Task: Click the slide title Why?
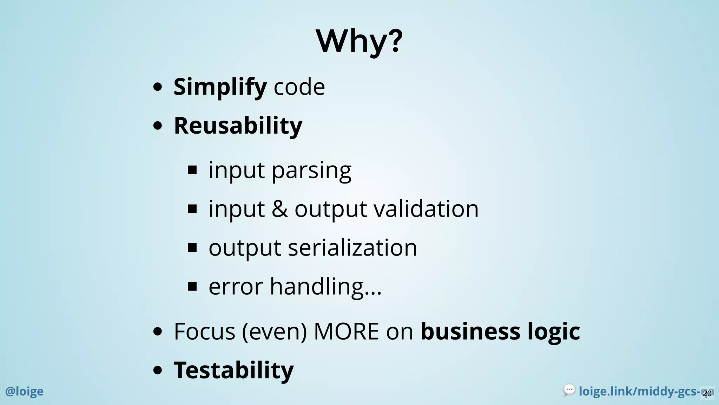pyautogui.click(x=359, y=41)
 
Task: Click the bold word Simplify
pyautogui.click(x=220, y=86)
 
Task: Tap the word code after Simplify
pyautogui.click(x=299, y=86)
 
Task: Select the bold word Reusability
pyautogui.click(x=238, y=126)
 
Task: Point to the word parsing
pyautogui.click(x=311, y=171)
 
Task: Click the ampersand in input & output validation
pyautogui.click(x=279, y=209)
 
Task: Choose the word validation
pyautogui.click(x=426, y=209)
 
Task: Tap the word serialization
pyautogui.click(x=352, y=247)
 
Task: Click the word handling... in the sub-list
pyautogui.click(x=325, y=287)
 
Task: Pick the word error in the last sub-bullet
pyautogui.click(x=236, y=287)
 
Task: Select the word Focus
pyautogui.click(x=204, y=331)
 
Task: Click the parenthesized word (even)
pyautogui.click(x=274, y=331)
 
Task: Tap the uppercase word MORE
pyautogui.click(x=346, y=331)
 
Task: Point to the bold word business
pyautogui.click(x=470, y=331)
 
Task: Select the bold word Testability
pyautogui.click(x=233, y=370)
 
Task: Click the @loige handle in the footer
pyautogui.click(x=24, y=391)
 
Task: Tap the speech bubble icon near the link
pyautogui.click(x=569, y=390)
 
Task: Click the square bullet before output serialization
pyautogui.click(x=192, y=248)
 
